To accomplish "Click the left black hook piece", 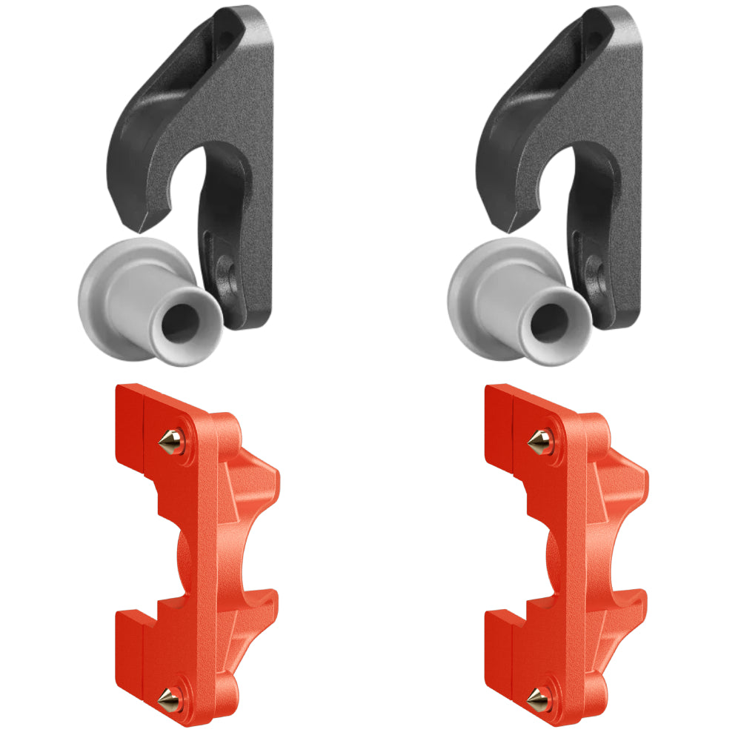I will click(222, 111).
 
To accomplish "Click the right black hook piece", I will click(593, 111).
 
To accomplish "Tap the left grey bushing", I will click(148, 296).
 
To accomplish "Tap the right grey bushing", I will click(519, 296).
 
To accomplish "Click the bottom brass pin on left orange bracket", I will click(169, 696).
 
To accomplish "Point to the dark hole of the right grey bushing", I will click(549, 322).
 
